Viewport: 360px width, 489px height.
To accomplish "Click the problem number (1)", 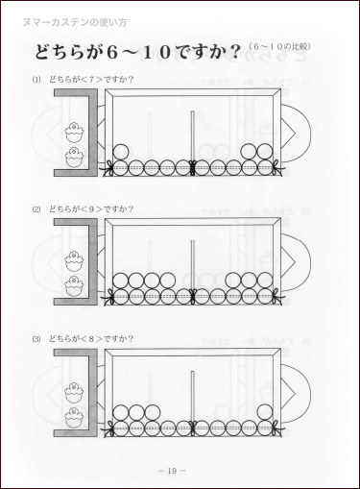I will (36, 80).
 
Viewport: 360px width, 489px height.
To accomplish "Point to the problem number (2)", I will (36, 208).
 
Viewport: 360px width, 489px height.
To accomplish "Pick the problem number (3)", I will (36, 338).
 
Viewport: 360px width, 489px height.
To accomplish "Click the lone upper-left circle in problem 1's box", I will (121, 152).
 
